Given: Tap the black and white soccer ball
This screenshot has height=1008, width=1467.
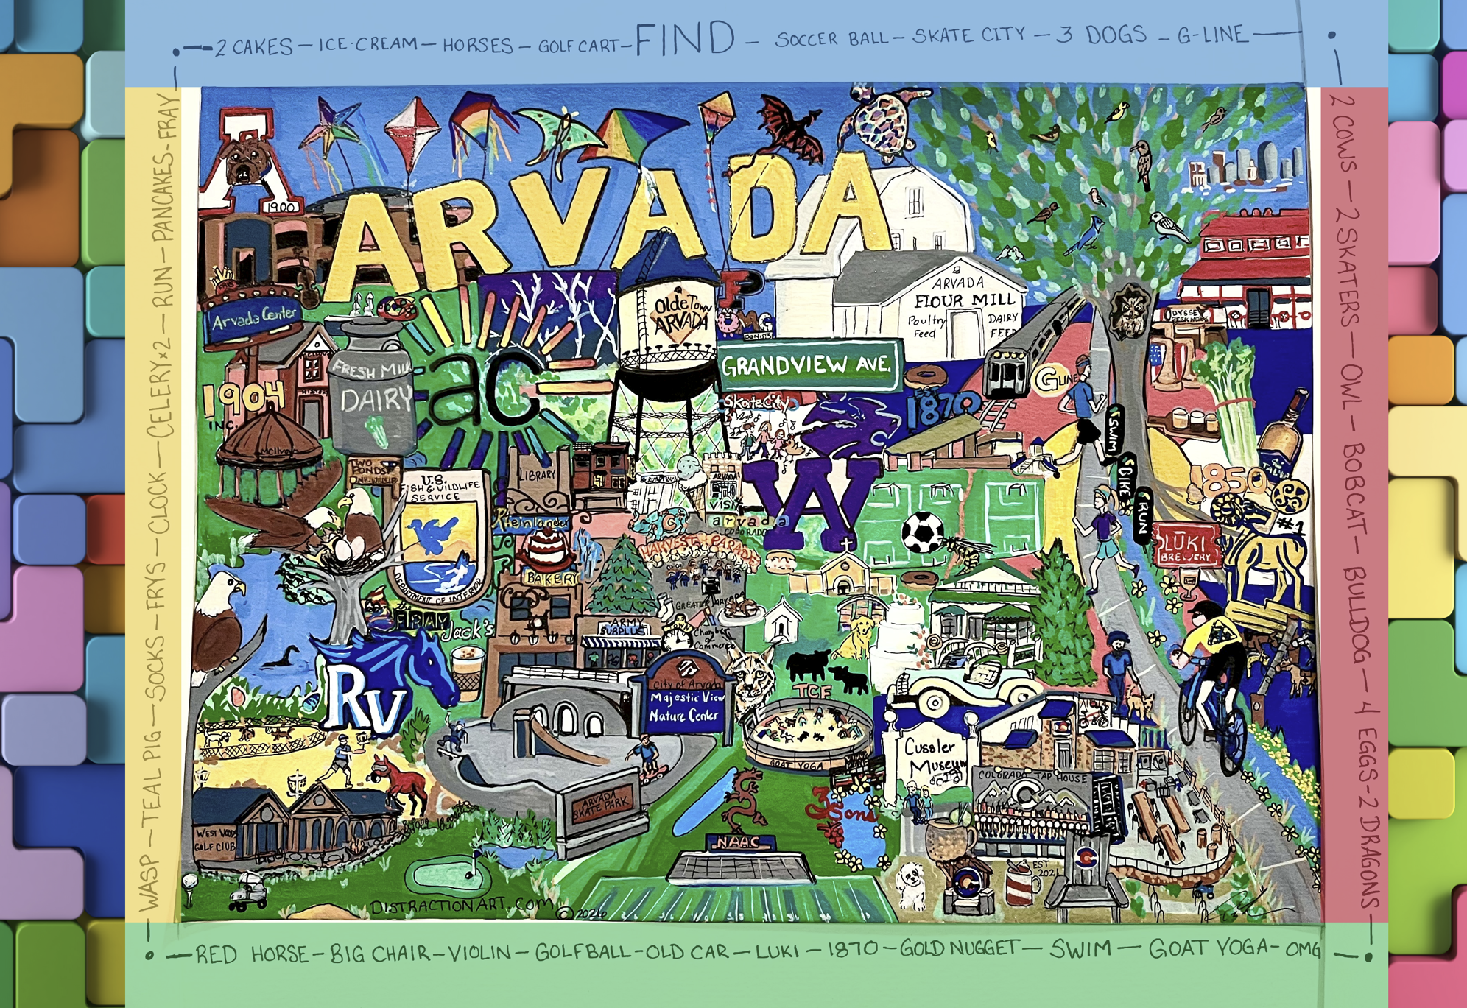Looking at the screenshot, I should tap(923, 532).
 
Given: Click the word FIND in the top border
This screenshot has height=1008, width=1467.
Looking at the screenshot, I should tap(685, 39).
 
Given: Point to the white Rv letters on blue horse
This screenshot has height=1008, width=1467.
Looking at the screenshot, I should tap(368, 699).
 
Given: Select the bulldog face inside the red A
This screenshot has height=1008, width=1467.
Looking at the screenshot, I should tap(242, 163).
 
